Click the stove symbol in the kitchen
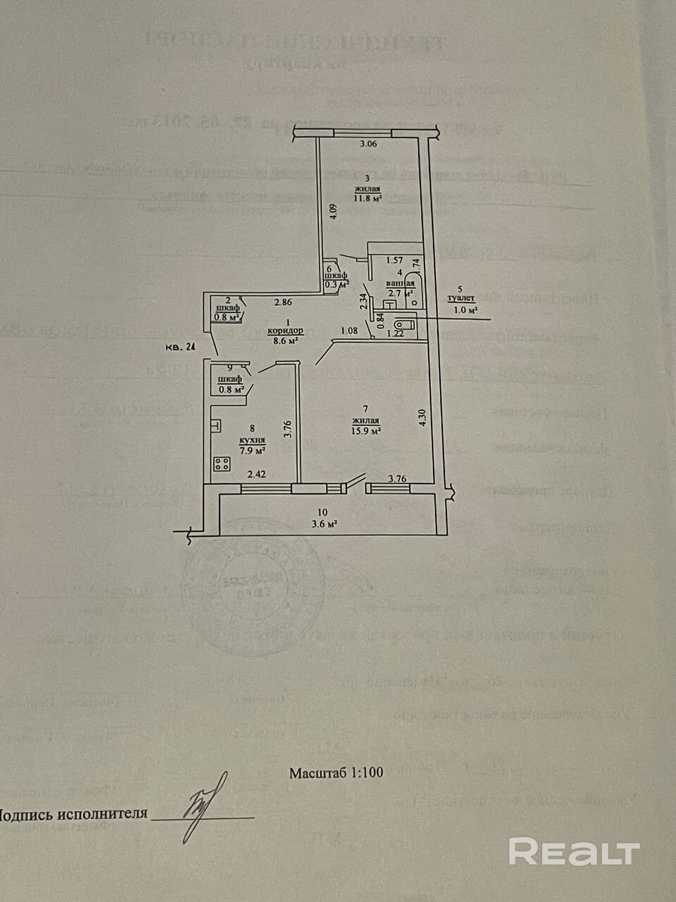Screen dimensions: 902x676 point(223,464)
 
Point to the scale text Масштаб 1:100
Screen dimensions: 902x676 point(336,772)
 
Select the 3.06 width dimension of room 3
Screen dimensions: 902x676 point(369,144)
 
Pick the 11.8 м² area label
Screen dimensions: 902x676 point(368,199)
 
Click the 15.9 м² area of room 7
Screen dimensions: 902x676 point(366,431)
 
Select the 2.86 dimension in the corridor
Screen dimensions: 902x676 point(283,303)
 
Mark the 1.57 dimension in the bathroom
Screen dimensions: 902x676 point(394,260)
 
